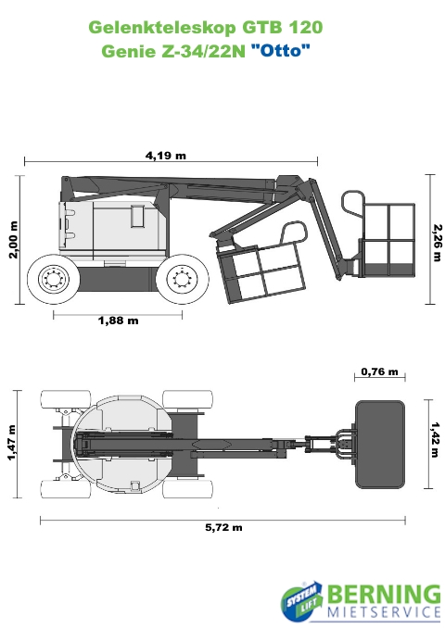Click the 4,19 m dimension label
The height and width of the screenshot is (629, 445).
[165, 156]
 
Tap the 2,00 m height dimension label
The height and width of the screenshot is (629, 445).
[13, 240]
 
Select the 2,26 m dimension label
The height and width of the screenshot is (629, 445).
[437, 243]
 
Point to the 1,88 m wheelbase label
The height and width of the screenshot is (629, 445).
[119, 321]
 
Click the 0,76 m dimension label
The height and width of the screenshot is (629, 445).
[379, 371]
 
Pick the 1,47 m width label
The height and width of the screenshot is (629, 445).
[12, 443]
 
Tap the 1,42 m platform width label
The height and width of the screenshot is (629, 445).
[436, 439]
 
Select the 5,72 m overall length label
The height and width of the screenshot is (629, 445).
[223, 527]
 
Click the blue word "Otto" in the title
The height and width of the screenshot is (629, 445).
[281, 51]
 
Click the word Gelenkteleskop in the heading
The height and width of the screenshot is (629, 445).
[162, 28]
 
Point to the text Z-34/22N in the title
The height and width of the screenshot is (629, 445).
[204, 51]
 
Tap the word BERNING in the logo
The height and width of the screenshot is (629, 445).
[385, 595]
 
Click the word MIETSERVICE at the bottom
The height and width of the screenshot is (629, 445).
[385, 612]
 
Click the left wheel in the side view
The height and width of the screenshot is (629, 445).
[53, 278]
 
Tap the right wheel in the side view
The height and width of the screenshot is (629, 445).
[183, 278]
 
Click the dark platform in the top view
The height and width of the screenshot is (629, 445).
[380, 445]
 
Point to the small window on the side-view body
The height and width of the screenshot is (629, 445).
[138, 217]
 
